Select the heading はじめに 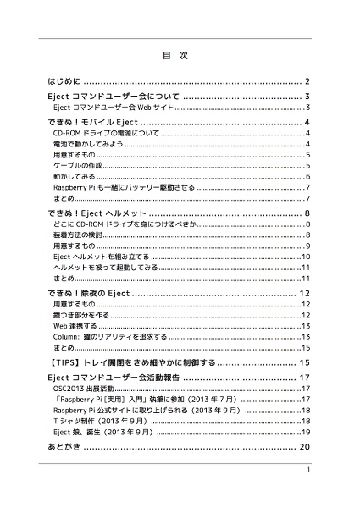tap(64, 82)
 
